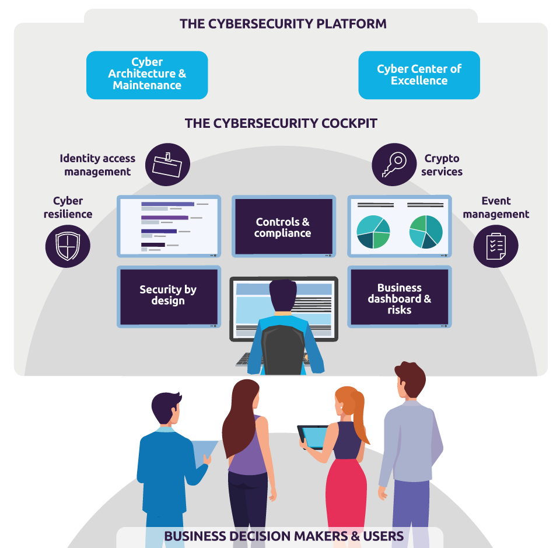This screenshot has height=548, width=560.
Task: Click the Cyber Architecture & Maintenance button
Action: coord(147,75)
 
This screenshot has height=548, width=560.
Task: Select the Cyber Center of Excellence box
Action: coord(419,75)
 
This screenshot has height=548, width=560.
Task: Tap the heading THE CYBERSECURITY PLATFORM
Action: coord(283,24)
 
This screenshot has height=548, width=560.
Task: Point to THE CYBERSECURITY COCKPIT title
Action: coord(281,124)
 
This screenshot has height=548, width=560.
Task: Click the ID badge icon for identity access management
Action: coord(167,165)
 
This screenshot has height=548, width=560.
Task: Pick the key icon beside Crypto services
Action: coord(394,165)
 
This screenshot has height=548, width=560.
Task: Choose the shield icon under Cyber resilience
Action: coord(68,246)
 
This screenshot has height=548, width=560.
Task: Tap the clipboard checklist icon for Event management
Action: coord(495,246)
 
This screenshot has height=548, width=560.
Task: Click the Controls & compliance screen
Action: coord(283,226)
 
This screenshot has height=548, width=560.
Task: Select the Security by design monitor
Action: coord(169,296)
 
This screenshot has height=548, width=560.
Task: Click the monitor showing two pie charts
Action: coord(400,226)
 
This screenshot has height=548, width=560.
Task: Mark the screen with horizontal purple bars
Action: coord(169,226)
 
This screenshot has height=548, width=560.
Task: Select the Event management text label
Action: coord(496,208)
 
